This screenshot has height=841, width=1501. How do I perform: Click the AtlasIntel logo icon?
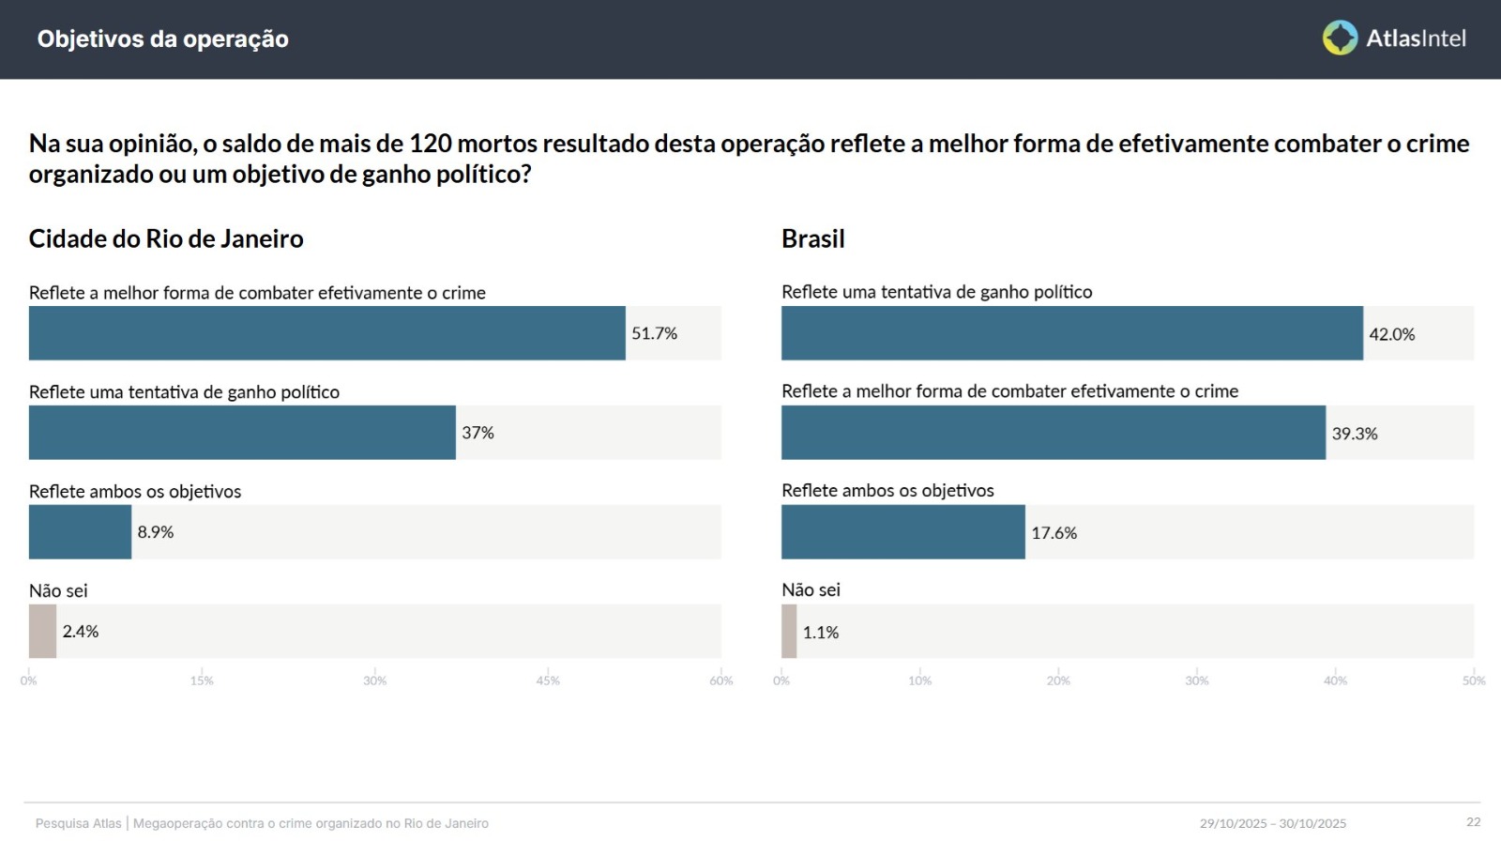(1340, 38)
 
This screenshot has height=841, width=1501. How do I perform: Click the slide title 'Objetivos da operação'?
(162, 39)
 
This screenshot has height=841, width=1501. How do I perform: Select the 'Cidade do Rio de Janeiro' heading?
(166, 238)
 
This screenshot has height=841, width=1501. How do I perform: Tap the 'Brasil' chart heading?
(812, 238)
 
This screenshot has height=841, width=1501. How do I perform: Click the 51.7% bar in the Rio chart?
(326, 333)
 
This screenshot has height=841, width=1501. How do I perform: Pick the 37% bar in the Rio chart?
(242, 433)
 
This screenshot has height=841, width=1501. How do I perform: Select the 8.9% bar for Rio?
(80, 532)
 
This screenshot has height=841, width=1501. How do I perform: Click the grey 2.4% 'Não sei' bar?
(42, 632)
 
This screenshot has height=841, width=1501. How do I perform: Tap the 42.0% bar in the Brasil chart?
(1071, 333)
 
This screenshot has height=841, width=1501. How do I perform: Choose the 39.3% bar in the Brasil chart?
(1053, 433)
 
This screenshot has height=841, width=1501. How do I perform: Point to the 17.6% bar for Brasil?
(902, 532)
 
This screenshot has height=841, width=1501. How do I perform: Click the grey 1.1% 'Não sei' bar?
(789, 632)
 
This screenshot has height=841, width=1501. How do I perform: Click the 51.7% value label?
(654, 333)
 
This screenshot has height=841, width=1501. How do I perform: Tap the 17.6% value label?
(1054, 533)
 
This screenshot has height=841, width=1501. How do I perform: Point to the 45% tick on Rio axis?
(548, 680)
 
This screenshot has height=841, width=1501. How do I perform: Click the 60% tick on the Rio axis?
(720, 680)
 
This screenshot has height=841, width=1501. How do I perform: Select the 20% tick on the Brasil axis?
(1058, 680)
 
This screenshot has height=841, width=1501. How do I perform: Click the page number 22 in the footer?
(1473, 822)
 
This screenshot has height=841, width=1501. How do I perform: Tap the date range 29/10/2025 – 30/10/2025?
(1272, 823)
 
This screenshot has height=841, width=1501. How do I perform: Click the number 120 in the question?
(431, 144)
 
